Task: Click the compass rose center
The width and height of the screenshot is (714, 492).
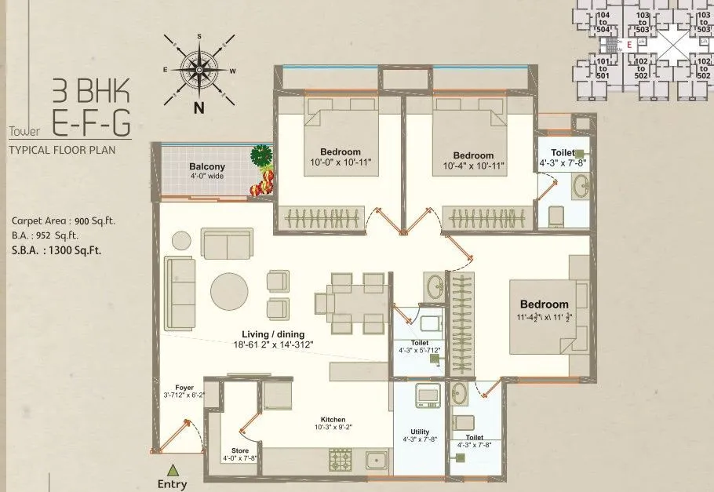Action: click(x=199, y=70)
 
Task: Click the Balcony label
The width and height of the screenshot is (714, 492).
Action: click(x=207, y=166)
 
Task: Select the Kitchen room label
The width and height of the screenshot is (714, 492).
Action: click(x=333, y=420)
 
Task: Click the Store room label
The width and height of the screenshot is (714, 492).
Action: click(x=240, y=451)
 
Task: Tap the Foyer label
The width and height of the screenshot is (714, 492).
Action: click(x=184, y=387)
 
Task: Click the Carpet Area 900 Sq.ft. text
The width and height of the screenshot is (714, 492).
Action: click(x=63, y=221)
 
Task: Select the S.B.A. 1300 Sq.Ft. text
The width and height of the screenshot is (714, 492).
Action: click(x=56, y=251)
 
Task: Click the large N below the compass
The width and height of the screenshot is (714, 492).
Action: click(x=199, y=108)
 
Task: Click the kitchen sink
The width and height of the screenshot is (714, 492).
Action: click(x=377, y=461)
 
